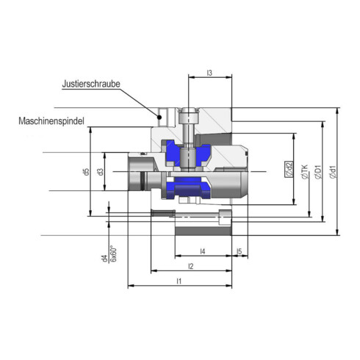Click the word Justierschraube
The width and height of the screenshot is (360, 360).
pos(91,84)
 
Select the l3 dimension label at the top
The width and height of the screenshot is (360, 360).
pos(209,73)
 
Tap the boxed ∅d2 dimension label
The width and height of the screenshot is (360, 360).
pos(289,170)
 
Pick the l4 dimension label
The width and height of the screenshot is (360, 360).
pos(202,251)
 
